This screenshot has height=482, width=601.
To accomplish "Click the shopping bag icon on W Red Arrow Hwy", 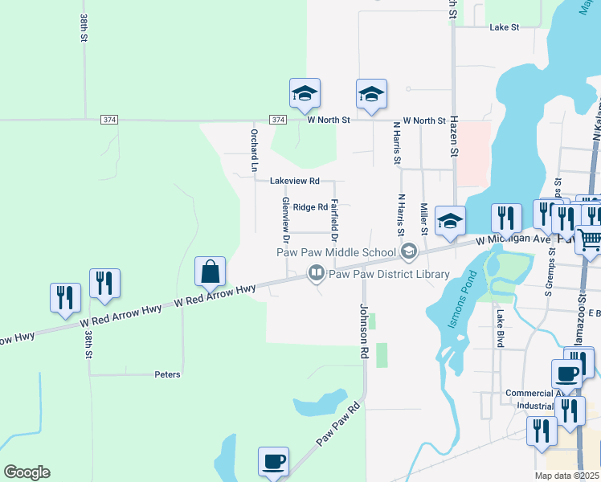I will pyautogui.click(x=210, y=274).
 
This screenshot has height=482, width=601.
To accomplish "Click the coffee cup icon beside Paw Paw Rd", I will pyautogui.click(x=273, y=463).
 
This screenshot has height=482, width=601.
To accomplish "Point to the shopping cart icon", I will pyautogui.click(x=590, y=243).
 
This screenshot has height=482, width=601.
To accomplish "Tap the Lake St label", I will pyautogui.click(x=505, y=27).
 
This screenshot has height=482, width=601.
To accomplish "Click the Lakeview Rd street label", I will pyautogui.click(x=295, y=181).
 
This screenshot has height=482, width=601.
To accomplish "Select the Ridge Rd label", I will pyautogui.click(x=310, y=207).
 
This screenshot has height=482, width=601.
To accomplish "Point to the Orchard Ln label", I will pyautogui.click(x=253, y=150).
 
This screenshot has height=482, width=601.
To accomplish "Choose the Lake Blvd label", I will pyautogui.click(x=500, y=329).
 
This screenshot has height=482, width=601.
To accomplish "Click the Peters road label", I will pyautogui.click(x=167, y=374).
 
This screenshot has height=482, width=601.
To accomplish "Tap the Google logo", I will pyautogui.click(x=27, y=472).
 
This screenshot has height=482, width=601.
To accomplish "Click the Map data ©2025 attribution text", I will pyautogui.click(x=567, y=476).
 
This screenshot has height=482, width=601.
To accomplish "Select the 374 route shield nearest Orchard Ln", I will pyautogui.click(x=277, y=120).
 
